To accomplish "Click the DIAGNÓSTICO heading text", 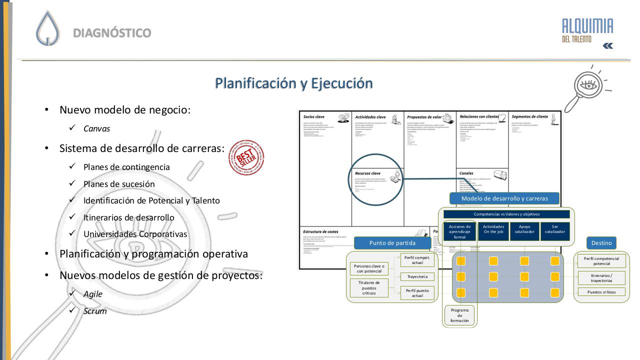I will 112,33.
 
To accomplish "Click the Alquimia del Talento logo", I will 587,30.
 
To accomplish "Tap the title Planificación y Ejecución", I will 293,83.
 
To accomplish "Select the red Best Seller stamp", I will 246,158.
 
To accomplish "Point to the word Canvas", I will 96,128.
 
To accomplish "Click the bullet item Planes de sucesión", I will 119,184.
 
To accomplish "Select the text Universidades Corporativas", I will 135,234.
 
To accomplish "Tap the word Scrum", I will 95,311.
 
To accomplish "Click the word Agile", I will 92,294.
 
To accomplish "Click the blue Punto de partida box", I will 392,243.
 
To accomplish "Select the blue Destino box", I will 601,243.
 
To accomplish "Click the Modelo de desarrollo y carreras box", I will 504,198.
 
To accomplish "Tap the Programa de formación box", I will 459,315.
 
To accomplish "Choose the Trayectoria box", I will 417,276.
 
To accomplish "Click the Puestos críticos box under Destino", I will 601,292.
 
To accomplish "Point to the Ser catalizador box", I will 554,229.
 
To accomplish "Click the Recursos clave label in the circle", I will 367,173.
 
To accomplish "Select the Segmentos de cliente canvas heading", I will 529,116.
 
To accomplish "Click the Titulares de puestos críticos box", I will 369,288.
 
